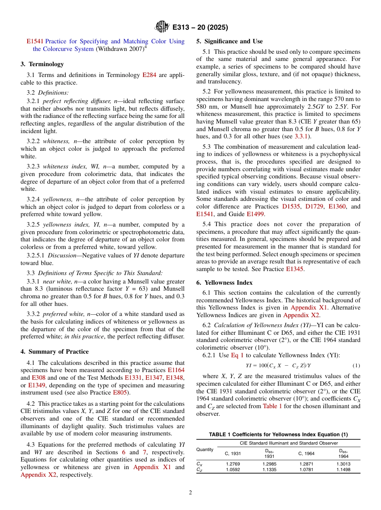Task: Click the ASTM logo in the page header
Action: (x=162, y=27)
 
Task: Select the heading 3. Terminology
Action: (x=42, y=64)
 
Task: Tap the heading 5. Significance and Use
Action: (x=229, y=41)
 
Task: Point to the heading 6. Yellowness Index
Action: (x=224, y=283)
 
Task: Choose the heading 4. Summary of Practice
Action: (x=55, y=352)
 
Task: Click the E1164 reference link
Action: (x=176, y=370)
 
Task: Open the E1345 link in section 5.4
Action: (x=295, y=269)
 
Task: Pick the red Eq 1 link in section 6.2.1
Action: (x=237, y=356)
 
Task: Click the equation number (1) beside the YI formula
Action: (x=356, y=366)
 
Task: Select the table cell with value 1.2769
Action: (x=233, y=464)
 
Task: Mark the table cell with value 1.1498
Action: (x=343, y=470)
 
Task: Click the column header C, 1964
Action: (x=306, y=453)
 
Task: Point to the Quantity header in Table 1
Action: (x=205, y=449)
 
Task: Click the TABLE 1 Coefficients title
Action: (x=278, y=435)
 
